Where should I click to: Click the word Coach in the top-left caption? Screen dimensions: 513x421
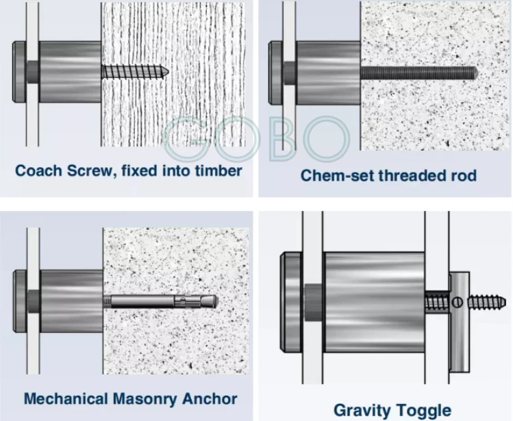[x=38, y=170]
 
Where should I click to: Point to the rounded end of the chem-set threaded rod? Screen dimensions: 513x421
[x=477, y=73]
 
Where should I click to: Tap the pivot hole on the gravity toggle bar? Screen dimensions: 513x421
[x=458, y=303]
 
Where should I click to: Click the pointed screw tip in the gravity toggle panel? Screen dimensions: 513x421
[x=504, y=302]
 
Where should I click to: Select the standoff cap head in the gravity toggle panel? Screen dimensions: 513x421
[x=291, y=302]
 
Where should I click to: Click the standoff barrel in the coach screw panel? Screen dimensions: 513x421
[x=70, y=71]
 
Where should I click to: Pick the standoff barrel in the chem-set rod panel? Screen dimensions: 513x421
[x=328, y=73]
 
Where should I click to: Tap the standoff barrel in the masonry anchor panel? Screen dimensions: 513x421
[x=71, y=301]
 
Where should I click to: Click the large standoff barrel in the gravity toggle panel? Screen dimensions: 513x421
[x=374, y=302]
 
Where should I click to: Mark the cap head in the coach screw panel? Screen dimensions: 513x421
[x=20, y=71]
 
